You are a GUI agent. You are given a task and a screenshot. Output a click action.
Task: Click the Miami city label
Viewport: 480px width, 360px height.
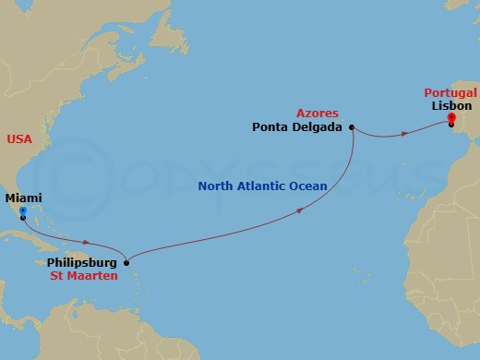coord(23,198)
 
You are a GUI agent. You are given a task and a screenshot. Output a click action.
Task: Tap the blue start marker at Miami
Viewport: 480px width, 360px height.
coord(22,210)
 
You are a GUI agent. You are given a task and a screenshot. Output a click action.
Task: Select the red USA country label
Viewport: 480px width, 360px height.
coord(18,138)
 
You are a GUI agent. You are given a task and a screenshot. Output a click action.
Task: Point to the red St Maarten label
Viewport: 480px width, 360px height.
coord(88,275)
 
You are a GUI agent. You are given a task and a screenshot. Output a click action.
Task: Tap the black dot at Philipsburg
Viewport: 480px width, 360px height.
coord(126,262)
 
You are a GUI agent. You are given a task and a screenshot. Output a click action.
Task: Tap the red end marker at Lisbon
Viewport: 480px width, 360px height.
coord(450,118)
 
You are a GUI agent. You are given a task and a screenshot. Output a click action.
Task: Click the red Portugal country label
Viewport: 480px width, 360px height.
coord(450,92)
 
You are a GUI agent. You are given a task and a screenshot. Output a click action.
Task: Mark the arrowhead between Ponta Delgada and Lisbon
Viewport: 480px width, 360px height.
coord(404,135)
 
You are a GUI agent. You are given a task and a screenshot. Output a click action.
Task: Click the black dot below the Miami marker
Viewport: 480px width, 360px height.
coord(22,219)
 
